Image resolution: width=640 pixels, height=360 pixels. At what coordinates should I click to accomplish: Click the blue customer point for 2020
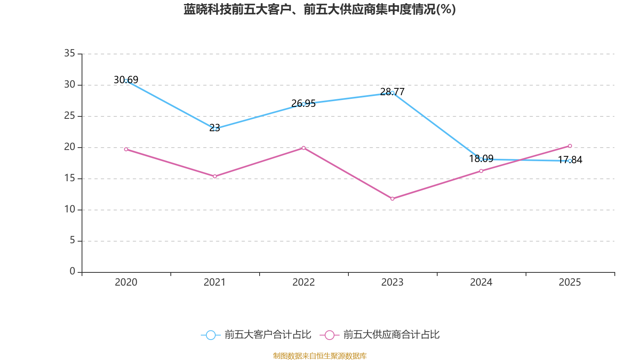(126, 81)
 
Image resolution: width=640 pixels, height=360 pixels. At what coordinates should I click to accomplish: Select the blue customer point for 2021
(215, 129)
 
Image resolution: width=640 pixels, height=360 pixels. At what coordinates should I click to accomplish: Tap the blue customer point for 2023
(392, 93)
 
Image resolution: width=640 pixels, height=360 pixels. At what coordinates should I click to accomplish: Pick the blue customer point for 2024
(481, 159)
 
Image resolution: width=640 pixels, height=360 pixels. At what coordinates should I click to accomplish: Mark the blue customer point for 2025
(570, 161)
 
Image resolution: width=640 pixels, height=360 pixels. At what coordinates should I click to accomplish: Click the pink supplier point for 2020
(126, 149)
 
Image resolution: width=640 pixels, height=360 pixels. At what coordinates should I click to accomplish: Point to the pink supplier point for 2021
(215, 176)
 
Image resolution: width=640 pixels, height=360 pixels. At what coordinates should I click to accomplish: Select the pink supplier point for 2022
(304, 148)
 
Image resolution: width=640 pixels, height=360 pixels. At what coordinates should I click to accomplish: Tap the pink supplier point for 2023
(392, 199)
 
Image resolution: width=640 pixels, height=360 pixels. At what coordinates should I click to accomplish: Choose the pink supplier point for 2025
(570, 146)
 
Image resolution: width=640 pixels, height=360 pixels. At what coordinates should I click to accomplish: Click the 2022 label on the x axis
(304, 282)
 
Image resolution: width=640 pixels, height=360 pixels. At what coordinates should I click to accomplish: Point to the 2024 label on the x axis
(481, 282)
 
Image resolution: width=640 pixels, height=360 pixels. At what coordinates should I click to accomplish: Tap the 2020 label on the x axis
(126, 282)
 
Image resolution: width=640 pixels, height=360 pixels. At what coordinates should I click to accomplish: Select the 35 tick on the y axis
(70, 53)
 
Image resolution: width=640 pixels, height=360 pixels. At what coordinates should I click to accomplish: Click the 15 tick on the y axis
(70, 178)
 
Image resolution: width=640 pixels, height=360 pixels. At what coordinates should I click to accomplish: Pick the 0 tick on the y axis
(72, 272)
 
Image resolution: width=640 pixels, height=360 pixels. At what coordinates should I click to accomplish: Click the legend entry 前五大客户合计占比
(256, 335)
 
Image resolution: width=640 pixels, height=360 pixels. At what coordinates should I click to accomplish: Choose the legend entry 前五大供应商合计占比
(380, 335)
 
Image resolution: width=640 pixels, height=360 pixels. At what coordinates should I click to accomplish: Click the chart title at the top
(320, 9)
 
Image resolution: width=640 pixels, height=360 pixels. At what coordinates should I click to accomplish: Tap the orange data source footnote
(320, 356)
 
